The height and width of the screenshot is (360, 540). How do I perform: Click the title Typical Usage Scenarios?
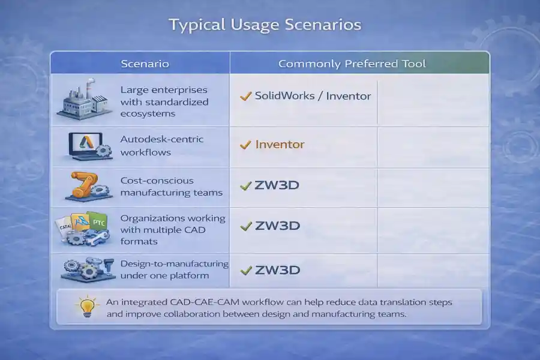pos(265,25)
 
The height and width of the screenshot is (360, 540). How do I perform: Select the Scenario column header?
pos(145,64)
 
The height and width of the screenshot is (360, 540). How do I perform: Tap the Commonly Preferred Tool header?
pos(352,64)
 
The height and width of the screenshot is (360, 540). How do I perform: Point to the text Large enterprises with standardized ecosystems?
pos(164,101)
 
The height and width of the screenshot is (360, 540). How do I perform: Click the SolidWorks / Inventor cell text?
pos(313,96)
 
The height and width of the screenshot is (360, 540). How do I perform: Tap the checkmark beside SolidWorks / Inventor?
pos(245,96)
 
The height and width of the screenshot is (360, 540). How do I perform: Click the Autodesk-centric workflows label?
pos(162,146)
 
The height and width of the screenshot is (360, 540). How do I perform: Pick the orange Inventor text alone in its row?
pos(280,145)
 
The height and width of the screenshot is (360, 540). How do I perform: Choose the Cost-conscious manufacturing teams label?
pos(163,187)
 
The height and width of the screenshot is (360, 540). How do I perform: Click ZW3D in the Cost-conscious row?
pos(277,185)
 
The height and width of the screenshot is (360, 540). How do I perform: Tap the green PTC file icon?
pos(97,222)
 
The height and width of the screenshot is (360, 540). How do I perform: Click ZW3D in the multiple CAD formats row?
pos(277,226)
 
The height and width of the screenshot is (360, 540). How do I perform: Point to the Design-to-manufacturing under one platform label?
pos(174,269)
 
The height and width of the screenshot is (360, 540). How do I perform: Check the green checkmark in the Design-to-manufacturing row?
pos(245,271)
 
